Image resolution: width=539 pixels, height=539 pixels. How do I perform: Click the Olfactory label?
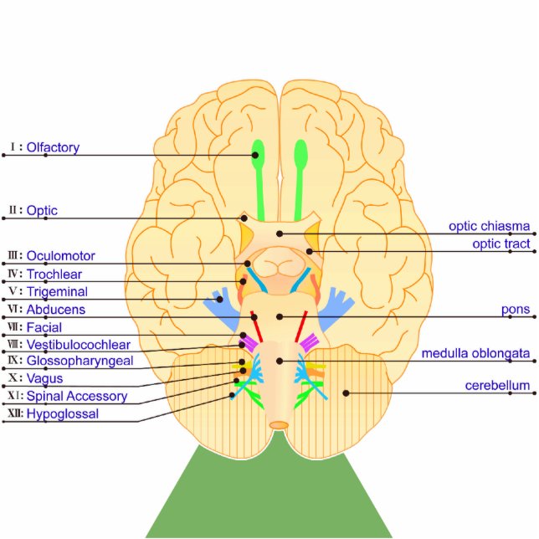pos(53,148)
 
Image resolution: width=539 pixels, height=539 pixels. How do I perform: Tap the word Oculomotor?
pos(60,256)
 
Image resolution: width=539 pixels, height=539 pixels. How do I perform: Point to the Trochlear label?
pos(54,275)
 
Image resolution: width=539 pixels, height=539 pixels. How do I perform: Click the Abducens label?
pos(55,310)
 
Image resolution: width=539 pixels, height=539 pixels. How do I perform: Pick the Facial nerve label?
pos(44,327)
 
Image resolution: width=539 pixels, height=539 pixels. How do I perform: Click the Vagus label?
pos(44,378)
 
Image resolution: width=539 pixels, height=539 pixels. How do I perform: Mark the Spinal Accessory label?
pos(76,396)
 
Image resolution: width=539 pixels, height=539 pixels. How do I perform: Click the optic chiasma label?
pos(489,226)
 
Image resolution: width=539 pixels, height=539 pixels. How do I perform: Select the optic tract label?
pos(500,244)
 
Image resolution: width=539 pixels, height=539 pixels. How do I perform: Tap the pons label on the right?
pos(516,310)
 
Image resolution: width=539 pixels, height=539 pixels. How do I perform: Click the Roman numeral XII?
pos(14,413)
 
